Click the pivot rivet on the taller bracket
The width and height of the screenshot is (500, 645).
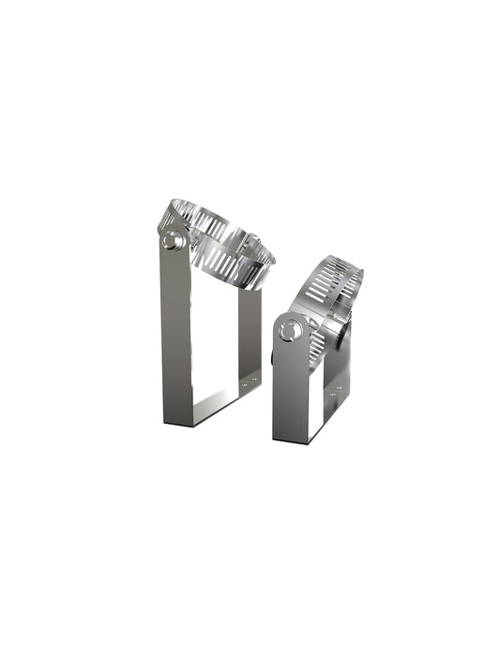(x=171, y=241)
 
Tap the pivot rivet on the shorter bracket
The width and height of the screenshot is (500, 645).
(x=291, y=331)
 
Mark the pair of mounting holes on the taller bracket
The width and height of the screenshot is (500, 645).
(x=249, y=382)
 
